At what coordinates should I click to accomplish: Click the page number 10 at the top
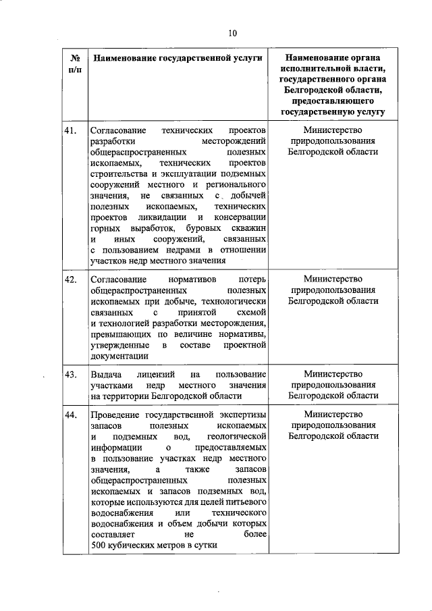point(233,32)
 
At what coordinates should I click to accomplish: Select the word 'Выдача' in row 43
point(106,374)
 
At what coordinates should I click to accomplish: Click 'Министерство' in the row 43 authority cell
point(333,374)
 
